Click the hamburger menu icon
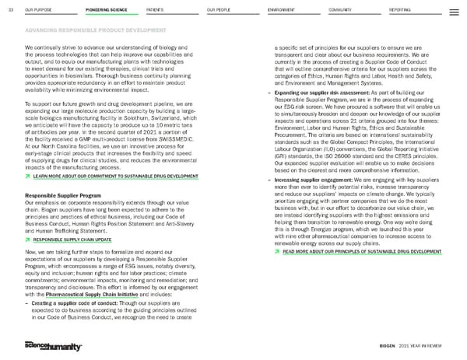455,9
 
